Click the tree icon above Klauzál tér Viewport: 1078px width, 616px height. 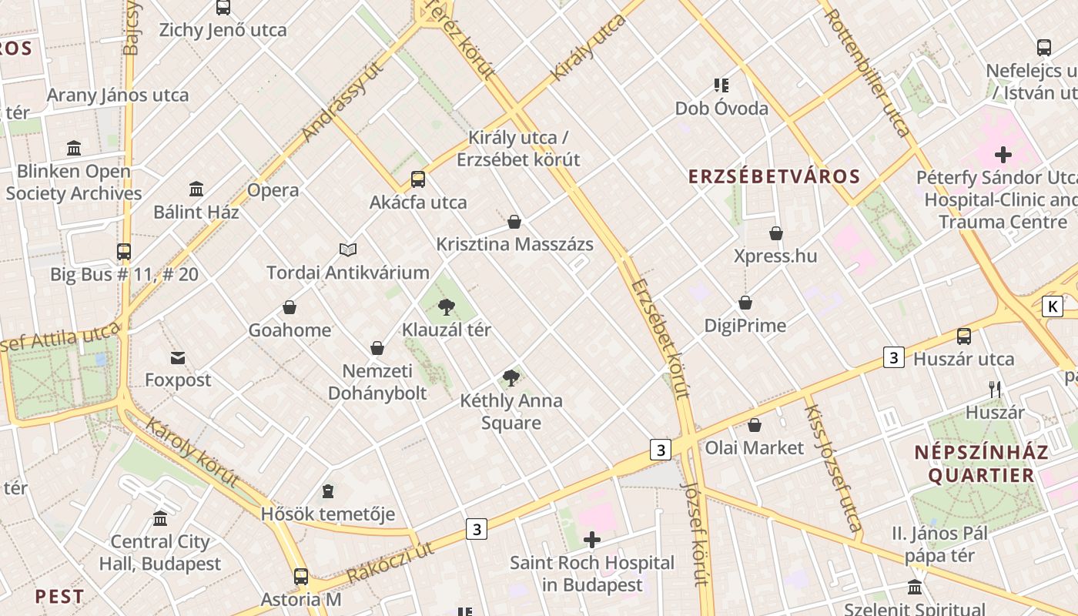click(x=446, y=307)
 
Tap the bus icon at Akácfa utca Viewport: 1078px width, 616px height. click(x=417, y=179)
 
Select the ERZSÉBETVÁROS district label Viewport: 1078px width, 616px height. click(x=774, y=176)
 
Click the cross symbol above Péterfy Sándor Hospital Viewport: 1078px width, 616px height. click(x=1003, y=155)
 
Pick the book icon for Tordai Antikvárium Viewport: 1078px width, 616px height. click(x=348, y=249)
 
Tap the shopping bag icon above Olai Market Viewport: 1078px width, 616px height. click(x=755, y=425)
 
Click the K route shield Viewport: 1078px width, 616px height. click(x=1052, y=306)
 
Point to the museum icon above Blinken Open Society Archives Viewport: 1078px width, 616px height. click(x=74, y=148)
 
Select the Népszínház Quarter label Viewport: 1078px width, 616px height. click(x=981, y=464)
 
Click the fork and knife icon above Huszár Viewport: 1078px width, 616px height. click(x=995, y=390)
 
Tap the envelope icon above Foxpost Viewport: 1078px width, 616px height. click(x=178, y=357)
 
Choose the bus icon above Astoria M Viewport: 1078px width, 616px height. click(x=300, y=576)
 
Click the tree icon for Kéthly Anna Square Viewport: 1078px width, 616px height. click(x=511, y=377)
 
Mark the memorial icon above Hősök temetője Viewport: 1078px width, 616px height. click(x=328, y=491)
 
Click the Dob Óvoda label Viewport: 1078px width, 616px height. click(x=721, y=109)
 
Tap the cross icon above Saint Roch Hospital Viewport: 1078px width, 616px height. click(x=591, y=540)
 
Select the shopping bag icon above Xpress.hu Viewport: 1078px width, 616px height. click(x=775, y=233)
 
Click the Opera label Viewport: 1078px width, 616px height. click(x=273, y=190)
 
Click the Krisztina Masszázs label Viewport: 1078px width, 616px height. click(x=514, y=245)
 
